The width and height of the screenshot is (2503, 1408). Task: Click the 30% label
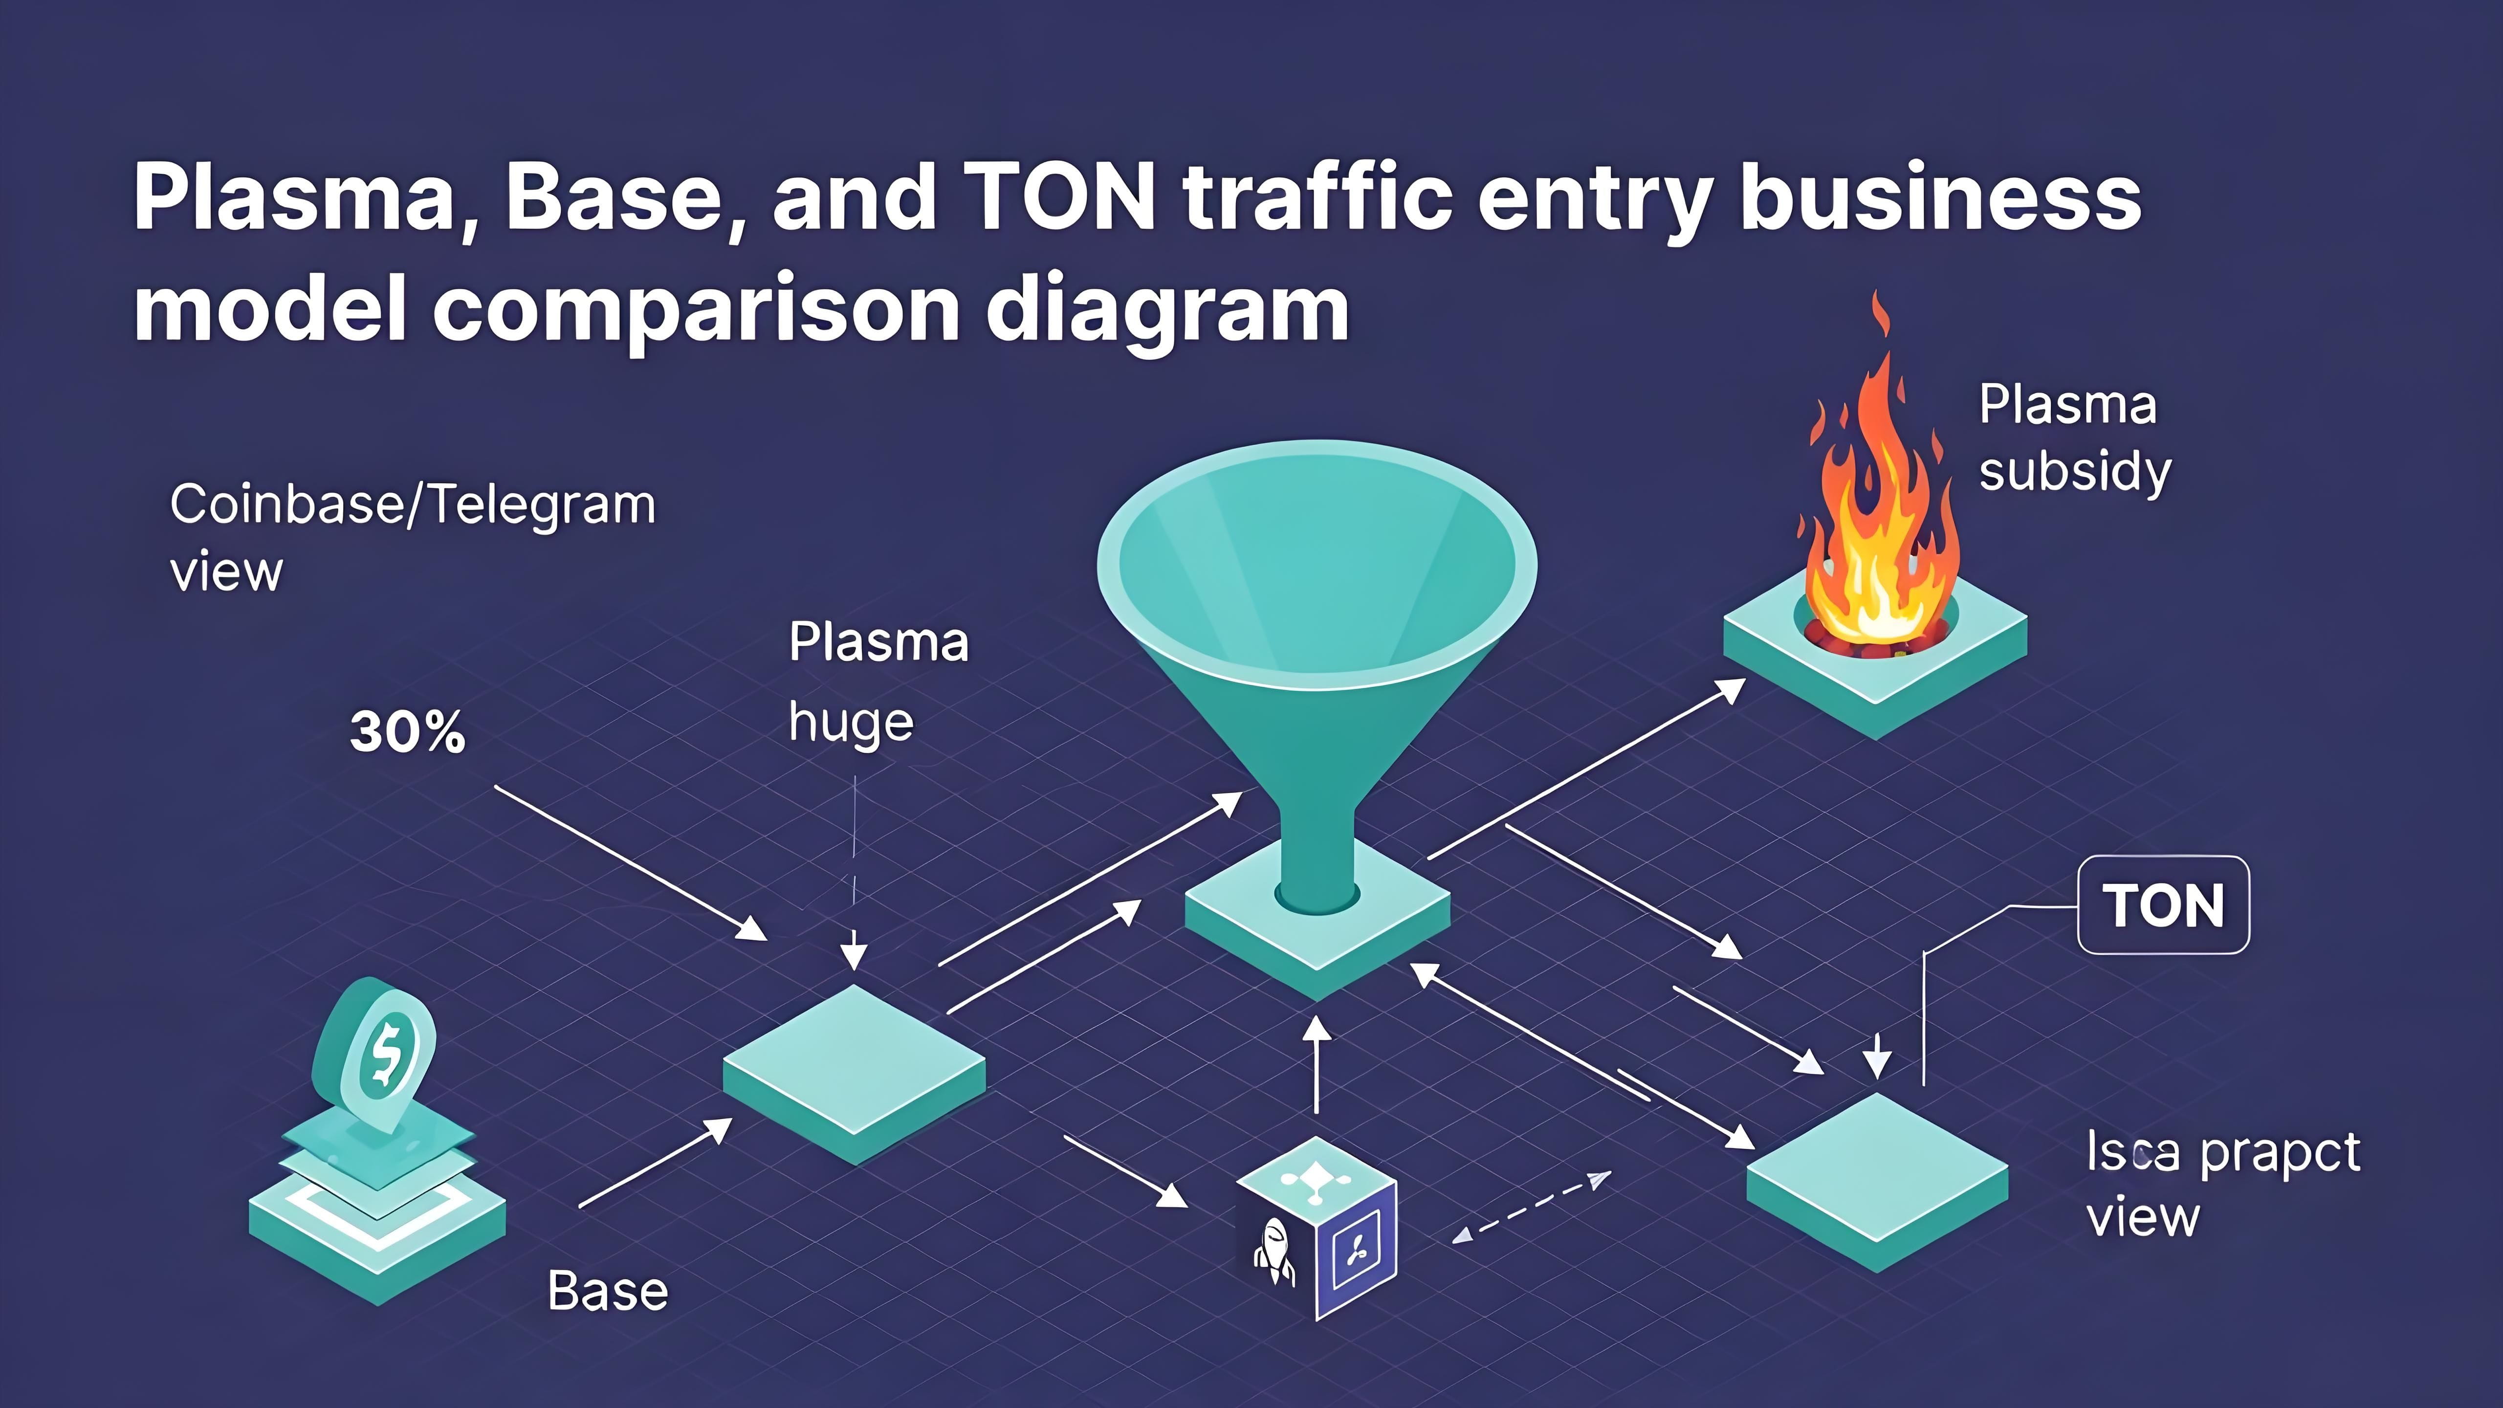pyautogui.click(x=407, y=732)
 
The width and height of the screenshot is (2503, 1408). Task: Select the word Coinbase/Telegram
pyautogui.click(x=413, y=506)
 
